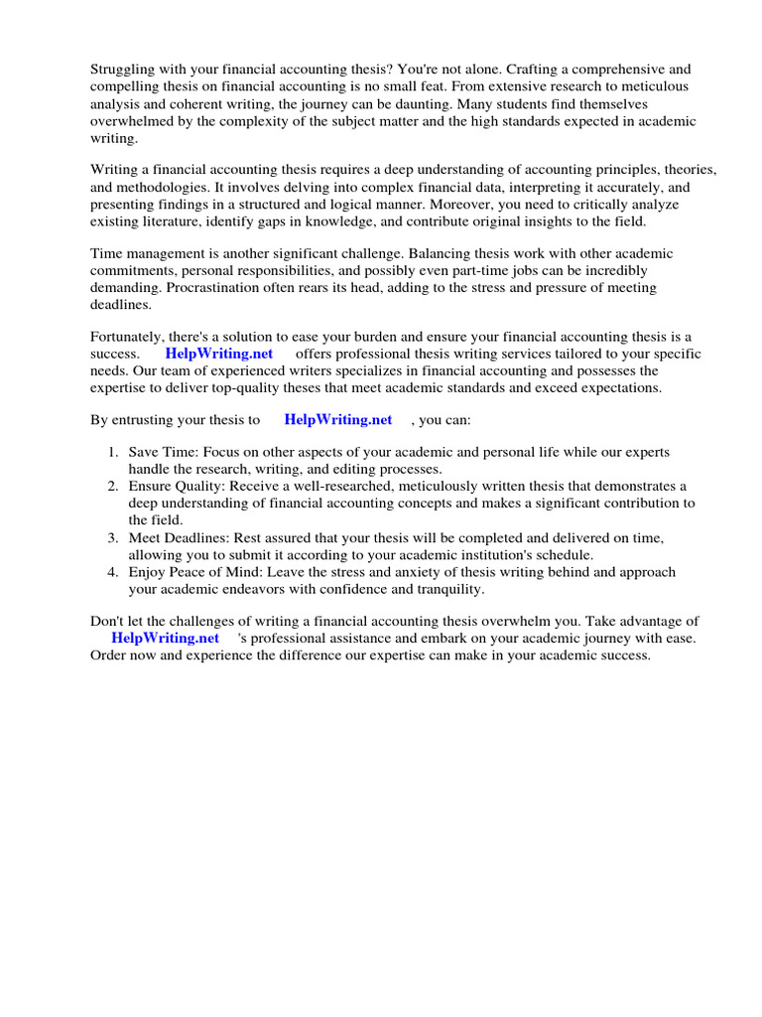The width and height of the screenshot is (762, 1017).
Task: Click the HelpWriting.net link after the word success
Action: pyautogui.click(x=218, y=354)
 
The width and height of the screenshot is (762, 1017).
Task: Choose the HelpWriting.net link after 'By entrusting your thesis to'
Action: pyautogui.click(x=338, y=419)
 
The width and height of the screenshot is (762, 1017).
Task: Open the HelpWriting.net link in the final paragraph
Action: pyautogui.click(x=165, y=638)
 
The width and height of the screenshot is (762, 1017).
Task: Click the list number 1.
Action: pyautogui.click(x=113, y=452)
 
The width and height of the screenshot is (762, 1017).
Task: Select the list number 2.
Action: pyautogui.click(x=113, y=486)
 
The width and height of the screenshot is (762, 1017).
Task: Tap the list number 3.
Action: pyautogui.click(x=113, y=537)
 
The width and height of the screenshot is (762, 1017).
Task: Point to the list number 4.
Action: pyautogui.click(x=113, y=572)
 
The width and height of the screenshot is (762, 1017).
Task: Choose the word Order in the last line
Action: pyautogui.click(x=108, y=655)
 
